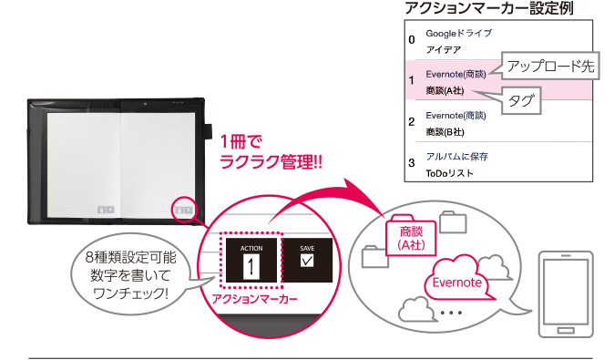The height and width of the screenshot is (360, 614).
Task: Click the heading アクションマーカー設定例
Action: click(483, 8)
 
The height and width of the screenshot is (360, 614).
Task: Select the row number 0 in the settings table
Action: click(412, 40)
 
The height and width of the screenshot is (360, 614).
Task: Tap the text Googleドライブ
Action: click(458, 33)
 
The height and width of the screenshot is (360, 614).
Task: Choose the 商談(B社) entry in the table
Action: click(451, 131)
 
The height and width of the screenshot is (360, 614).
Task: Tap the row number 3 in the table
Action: click(412, 164)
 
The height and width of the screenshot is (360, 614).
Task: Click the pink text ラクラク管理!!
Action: click(272, 162)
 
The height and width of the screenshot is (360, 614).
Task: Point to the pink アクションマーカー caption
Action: click(253, 298)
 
